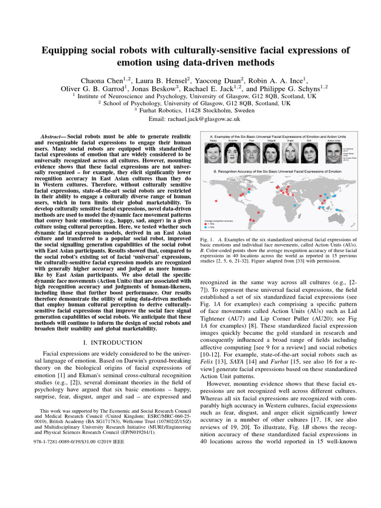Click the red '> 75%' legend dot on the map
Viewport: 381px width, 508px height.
[206, 224]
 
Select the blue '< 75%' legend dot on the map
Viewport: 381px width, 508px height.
[206, 227]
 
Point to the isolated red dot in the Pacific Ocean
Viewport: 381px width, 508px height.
[216, 200]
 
